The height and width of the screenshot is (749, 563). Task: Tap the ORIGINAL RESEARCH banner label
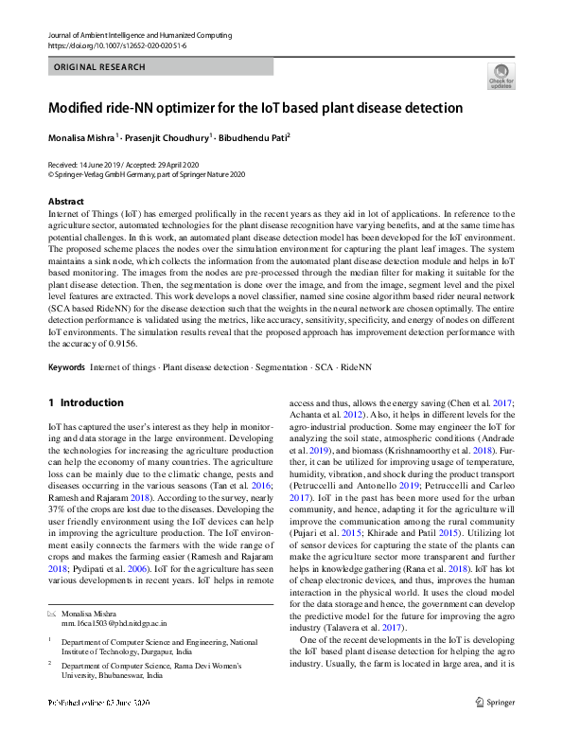(x=99, y=67)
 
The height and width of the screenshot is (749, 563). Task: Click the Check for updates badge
(x=501, y=76)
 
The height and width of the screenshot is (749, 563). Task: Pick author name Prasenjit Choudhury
(x=166, y=137)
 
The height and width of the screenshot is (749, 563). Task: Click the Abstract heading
(x=65, y=202)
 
